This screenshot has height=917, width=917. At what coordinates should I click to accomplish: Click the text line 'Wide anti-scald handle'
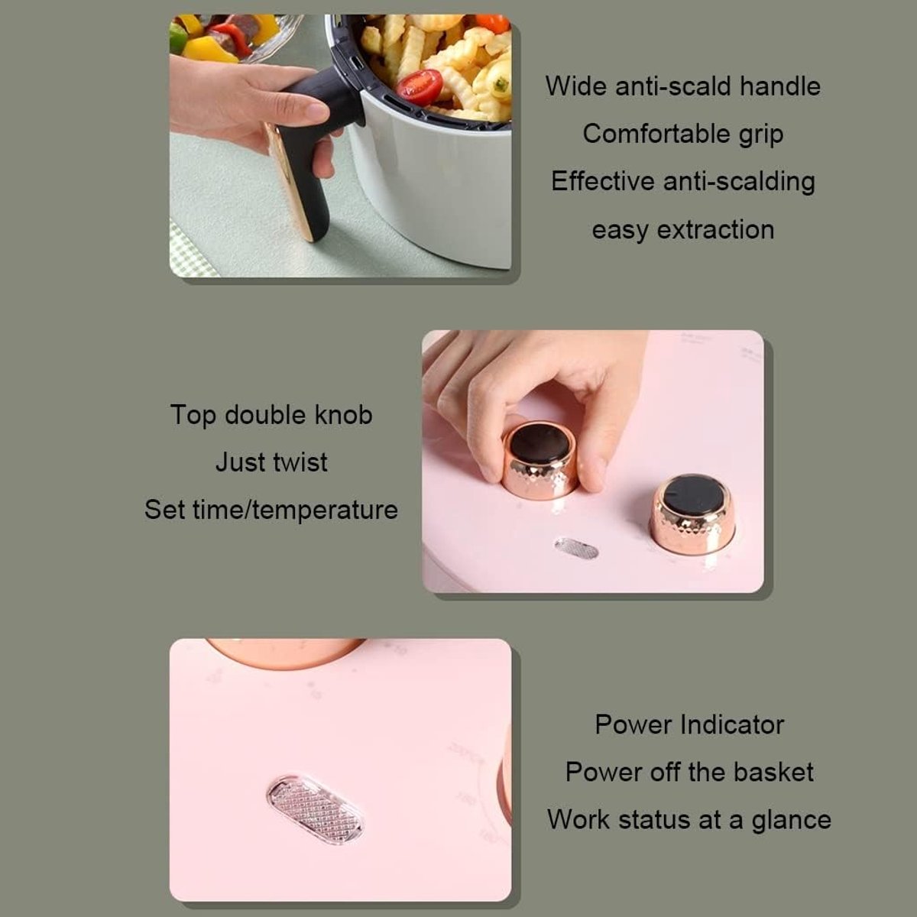click(683, 86)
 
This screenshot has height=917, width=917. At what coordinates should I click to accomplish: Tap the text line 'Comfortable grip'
click(683, 134)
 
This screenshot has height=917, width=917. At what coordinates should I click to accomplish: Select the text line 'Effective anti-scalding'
click(683, 181)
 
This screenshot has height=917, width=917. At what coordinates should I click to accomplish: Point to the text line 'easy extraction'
click(683, 230)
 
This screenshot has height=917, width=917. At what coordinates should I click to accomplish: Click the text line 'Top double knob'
click(271, 414)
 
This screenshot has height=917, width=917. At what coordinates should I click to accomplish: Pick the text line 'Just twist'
click(271, 462)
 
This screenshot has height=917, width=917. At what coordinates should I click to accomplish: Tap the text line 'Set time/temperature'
click(271, 510)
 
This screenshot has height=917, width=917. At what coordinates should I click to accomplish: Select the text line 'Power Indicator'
click(689, 724)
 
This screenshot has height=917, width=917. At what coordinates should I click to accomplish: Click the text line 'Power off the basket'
click(689, 772)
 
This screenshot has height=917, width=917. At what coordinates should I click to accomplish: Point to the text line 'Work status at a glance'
click(689, 820)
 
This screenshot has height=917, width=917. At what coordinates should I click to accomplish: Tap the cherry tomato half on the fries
click(420, 87)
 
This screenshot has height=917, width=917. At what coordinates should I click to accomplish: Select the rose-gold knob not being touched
click(692, 514)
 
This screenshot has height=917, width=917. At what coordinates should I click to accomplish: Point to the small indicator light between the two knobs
click(576, 549)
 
